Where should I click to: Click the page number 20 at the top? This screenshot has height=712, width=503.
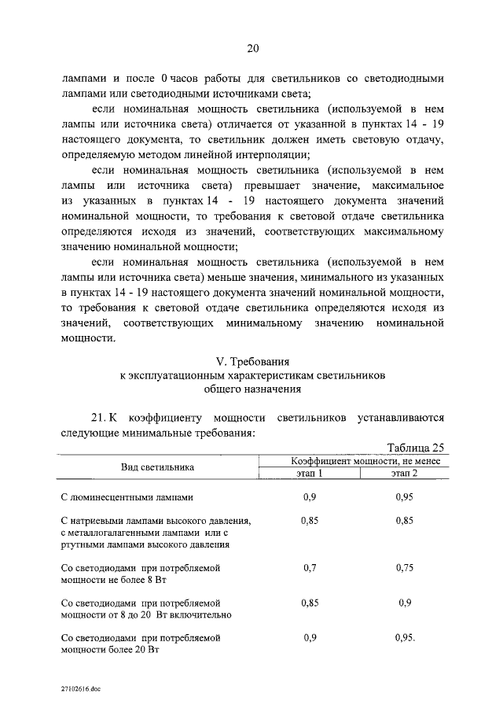pyautogui.click(x=252, y=49)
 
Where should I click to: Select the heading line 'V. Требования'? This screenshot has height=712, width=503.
pyautogui.click(x=252, y=360)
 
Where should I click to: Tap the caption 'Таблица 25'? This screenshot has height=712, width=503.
pyautogui.click(x=416, y=447)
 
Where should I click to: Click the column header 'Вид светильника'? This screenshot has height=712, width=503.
pyautogui.click(x=157, y=467)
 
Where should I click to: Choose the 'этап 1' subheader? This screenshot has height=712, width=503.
pyautogui.click(x=310, y=473)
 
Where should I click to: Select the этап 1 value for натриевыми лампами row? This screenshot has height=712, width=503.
pyautogui.click(x=310, y=520)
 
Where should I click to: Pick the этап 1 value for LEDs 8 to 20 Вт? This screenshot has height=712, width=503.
pyautogui.click(x=310, y=602)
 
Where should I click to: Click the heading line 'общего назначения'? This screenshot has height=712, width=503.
pyautogui.click(x=252, y=389)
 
